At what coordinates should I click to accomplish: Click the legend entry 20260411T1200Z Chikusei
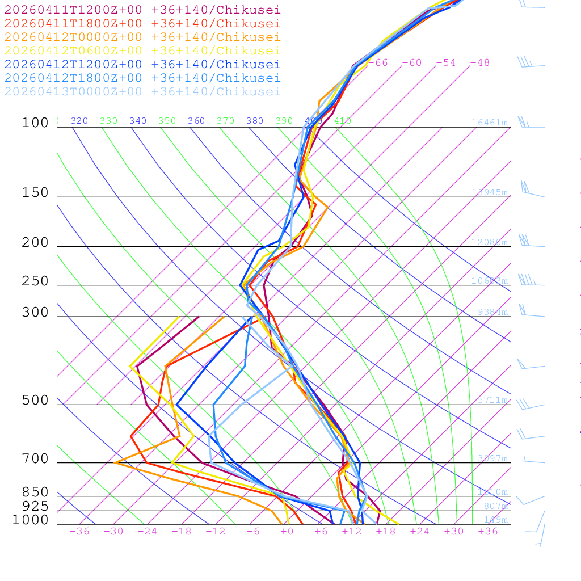click(142, 10)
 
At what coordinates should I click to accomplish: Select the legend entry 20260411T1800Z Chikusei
click(142, 23)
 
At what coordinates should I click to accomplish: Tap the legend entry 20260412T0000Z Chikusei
click(142, 37)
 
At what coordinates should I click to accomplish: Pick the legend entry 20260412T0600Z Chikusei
click(142, 50)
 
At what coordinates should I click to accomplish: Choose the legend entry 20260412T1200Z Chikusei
click(142, 64)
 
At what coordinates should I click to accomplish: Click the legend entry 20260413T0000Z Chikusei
click(142, 91)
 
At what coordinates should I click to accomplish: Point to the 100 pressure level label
click(35, 123)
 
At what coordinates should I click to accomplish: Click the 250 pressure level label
click(35, 281)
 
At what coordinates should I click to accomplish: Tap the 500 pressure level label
click(35, 401)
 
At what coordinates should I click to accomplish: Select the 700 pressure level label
click(35, 459)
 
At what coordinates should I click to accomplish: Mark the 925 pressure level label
click(35, 506)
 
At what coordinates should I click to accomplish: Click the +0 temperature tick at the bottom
click(287, 532)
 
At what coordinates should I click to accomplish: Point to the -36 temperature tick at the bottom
click(79, 532)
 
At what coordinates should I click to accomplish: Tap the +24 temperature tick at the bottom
click(420, 532)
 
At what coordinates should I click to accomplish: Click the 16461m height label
click(489, 123)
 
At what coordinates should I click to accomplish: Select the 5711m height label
click(492, 400)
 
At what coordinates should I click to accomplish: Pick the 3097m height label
click(492, 458)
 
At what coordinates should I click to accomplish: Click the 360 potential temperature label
click(196, 121)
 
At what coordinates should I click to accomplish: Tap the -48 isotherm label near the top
click(479, 63)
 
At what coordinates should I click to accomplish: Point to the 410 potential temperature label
click(342, 121)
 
